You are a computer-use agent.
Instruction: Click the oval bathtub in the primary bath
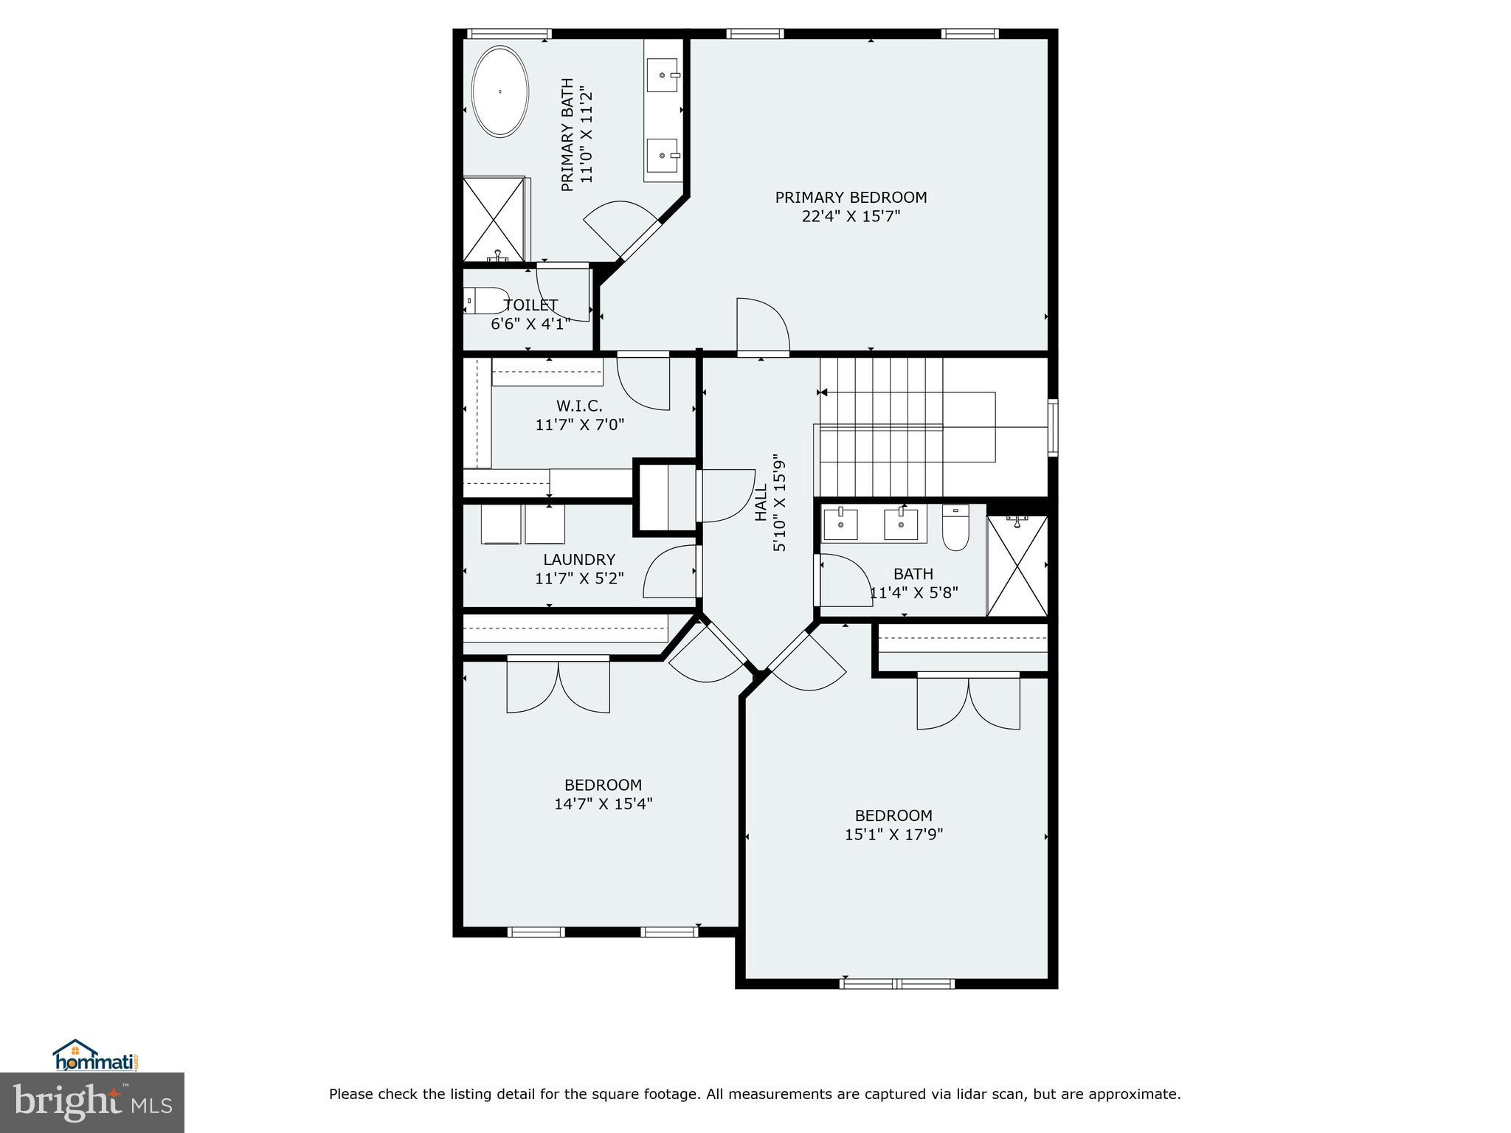pyautogui.click(x=500, y=91)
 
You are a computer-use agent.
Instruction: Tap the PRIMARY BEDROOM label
pyautogui.click(x=851, y=198)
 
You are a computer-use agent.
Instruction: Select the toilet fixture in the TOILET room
pyautogui.click(x=487, y=301)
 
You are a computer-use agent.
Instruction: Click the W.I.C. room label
pyautogui.click(x=579, y=406)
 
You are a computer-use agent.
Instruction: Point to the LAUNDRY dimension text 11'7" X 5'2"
pyautogui.click(x=579, y=579)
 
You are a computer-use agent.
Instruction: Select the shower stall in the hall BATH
pyautogui.click(x=1017, y=566)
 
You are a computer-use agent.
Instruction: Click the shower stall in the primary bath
pyautogui.click(x=494, y=219)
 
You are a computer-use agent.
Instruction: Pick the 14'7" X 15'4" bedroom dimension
pyautogui.click(x=603, y=804)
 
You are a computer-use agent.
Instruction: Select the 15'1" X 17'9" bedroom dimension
pyautogui.click(x=893, y=835)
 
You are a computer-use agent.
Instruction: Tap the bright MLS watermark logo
pyautogui.click(x=92, y=1102)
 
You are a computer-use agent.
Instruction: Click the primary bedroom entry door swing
pyautogui.click(x=763, y=327)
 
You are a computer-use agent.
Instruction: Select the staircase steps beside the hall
pyautogui.click(x=881, y=427)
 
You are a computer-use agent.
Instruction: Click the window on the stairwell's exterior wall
pyautogui.click(x=1053, y=427)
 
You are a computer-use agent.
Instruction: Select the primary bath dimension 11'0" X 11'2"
pyautogui.click(x=587, y=135)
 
